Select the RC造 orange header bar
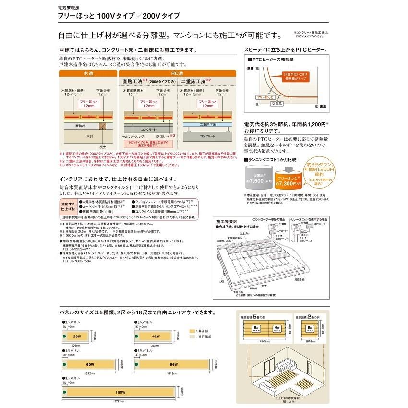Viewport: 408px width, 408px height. pos(178,74)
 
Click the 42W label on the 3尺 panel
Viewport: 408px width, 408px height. pos(154,336)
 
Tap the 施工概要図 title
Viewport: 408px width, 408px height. pos(227,222)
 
